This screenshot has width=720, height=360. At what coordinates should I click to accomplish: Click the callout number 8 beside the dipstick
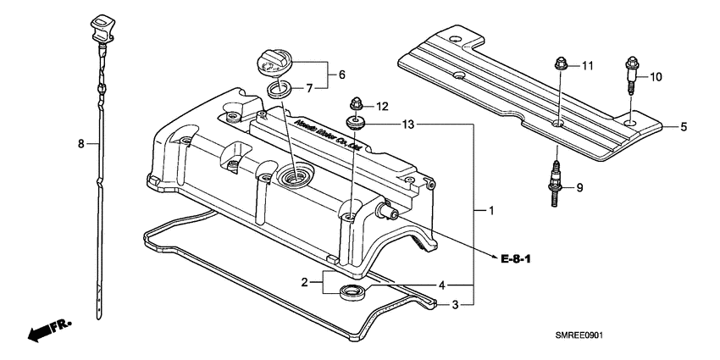click(81, 145)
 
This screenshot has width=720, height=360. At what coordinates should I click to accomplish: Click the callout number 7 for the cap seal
click(309, 87)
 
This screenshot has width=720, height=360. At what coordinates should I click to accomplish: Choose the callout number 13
click(408, 125)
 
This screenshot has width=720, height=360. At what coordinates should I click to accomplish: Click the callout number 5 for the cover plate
click(683, 127)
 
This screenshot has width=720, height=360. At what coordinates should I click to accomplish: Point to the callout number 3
click(456, 305)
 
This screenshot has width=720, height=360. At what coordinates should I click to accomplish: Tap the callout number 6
click(341, 75)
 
